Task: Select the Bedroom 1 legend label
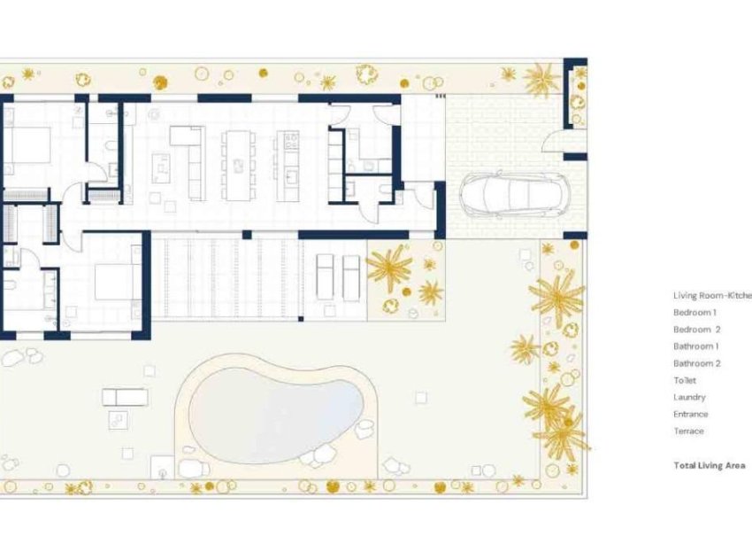coord(694,313)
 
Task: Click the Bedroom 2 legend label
coord(696,330)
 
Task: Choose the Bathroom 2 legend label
coord(696,363)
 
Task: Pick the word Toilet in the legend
coord(685,380)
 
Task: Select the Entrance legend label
coord(690,414)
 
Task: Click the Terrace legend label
coord(688,431)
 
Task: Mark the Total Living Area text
coord(709,465)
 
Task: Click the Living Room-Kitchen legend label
coord(711,295)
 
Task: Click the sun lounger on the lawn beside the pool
coord(124,396)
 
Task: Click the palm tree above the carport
coord(541,80)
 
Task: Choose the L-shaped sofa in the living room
coord(191,159)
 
